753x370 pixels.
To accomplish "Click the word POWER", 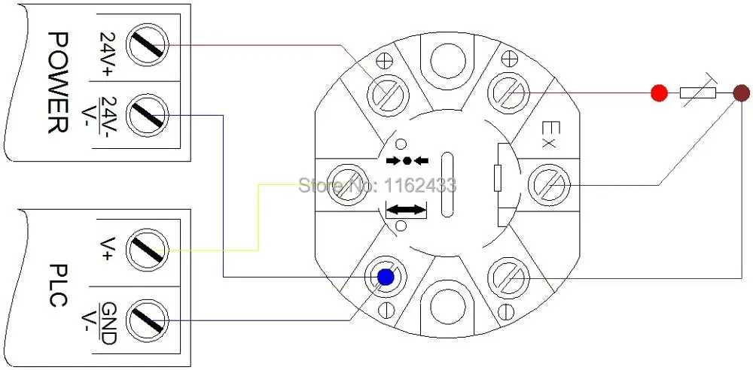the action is click(59, 82).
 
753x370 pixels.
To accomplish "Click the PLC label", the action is click(59, 285).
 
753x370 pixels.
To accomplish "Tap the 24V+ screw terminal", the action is click(148, 45).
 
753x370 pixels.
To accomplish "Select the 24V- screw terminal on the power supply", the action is click(148, 115).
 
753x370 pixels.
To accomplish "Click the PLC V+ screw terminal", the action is click(148, 250).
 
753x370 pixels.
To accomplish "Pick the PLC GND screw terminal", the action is click(148, 320).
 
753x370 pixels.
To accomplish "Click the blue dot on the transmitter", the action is click(386, 277).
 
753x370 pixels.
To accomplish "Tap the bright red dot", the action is click(660, 92).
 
